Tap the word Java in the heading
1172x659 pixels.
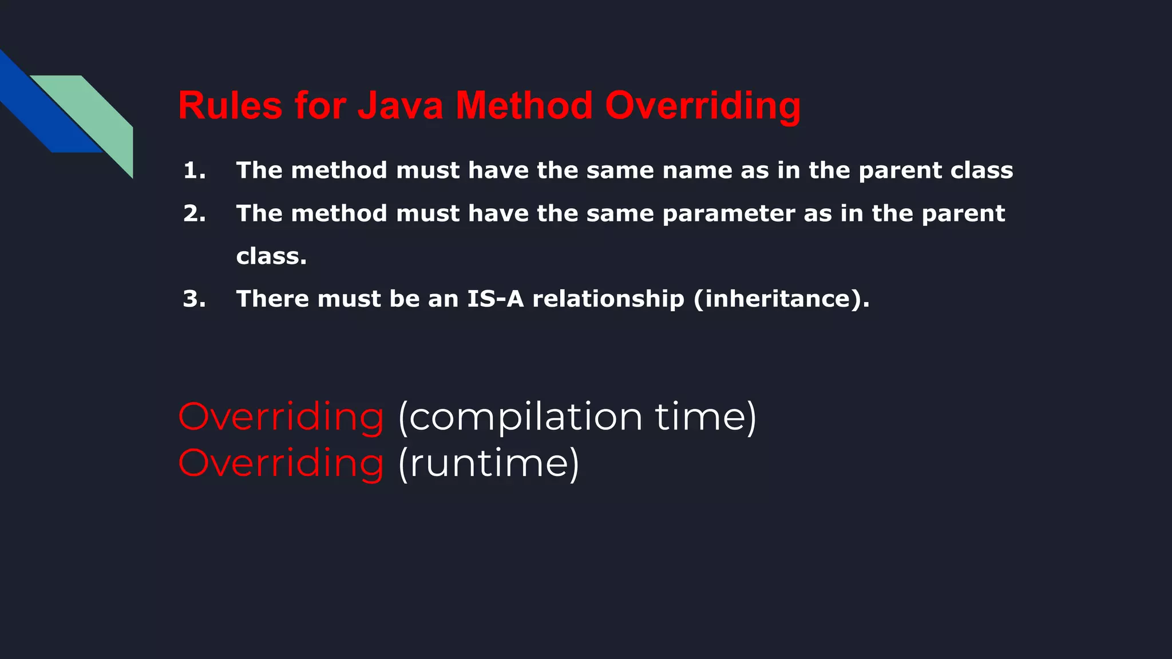pyautogui.click(x=400, y=106)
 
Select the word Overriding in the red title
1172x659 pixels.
pyautogui.click(x=703, y=107)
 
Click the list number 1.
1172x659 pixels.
pyautogui.click(x=194, y=170)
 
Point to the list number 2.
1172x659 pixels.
pyautogui.click(x=194, y=213)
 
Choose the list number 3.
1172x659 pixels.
pyautogui.click(x=194, y=299)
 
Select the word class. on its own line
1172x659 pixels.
pyautogui.click(x=271, y=256)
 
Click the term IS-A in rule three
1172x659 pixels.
pyautogui.click(x=495, y=299)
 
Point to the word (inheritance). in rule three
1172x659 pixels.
pyautogui.click(x=781, y=299)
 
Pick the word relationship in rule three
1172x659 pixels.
pyautogui.click(x=608, y=299)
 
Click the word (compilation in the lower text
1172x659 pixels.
pyautogui.click(x=520, y=418)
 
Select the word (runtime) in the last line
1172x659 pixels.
pyautogui.click(x=489, y=463)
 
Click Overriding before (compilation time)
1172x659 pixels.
pyautogui.click(x=280, y=416)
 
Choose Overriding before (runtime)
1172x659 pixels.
pyautogui.click(x=280, y=463)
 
